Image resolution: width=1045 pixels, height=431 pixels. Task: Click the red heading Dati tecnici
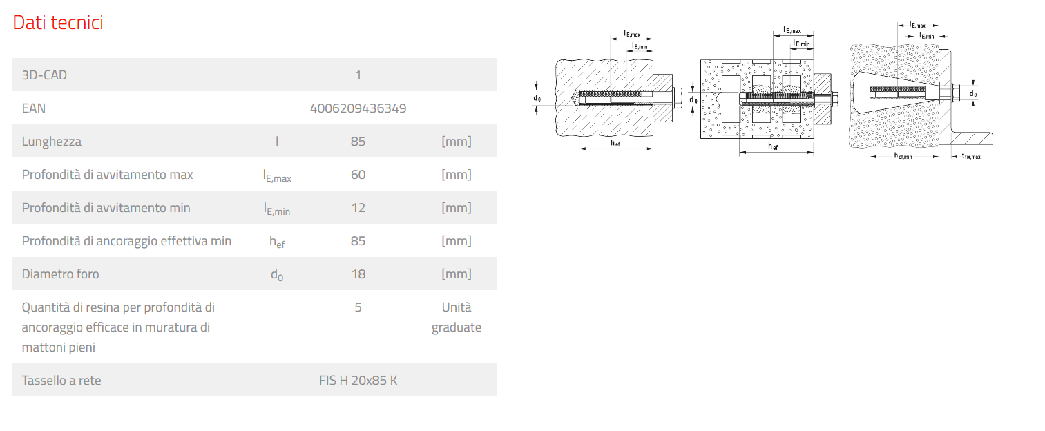pyautogui.click(x=58, y=22)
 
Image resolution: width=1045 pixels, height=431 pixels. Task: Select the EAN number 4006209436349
pyautogui.click(x=358, y=108)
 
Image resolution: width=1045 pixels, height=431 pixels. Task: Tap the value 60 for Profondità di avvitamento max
pyautogui.click(x=358, y=175)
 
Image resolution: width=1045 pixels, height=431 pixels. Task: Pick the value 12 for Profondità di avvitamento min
pyautogui.click(x=358, y=208)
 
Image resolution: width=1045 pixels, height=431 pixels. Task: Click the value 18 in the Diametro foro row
pyautogui.click(x=358, y=274)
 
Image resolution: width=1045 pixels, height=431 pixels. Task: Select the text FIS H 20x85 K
pyautogui.click(x=358, y=380)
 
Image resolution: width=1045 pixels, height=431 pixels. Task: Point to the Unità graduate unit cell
pyautogui.click(x=457, y=317)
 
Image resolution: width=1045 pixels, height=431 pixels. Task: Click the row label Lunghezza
pyautogui.click(x=51, y=142)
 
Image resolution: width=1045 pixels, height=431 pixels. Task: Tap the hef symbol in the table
pyautogui.click(x=277, y=242)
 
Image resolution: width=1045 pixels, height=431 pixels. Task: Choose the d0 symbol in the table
pyautogui.click(x=277, y=275)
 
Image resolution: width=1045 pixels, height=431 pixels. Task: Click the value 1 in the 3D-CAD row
pyautogui.click(x=358, y=75)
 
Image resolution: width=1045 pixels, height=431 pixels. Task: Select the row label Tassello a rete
pyautogui.click(x=61, y=380)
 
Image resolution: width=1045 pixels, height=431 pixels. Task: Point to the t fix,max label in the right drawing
pyautogui.click(x=971, y=156)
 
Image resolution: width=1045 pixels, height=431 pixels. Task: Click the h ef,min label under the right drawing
pyautogui.click(x=903, y=156)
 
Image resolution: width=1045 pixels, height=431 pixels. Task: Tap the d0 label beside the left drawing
pyautogui.click(x=537, y=98)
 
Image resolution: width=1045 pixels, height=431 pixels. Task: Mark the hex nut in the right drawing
pyautogui.click(x=955, y=93)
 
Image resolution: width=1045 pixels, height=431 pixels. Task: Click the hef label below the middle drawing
pyautogui.click(x=773, y=146)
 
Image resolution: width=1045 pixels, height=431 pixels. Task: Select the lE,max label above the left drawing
pyautogui.click(x=632, y=34)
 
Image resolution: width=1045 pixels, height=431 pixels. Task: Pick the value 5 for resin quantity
pyautogui.click(x=358, y=307)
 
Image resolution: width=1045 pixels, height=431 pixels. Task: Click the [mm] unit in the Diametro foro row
pyautogui.click(x=457, y=274)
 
